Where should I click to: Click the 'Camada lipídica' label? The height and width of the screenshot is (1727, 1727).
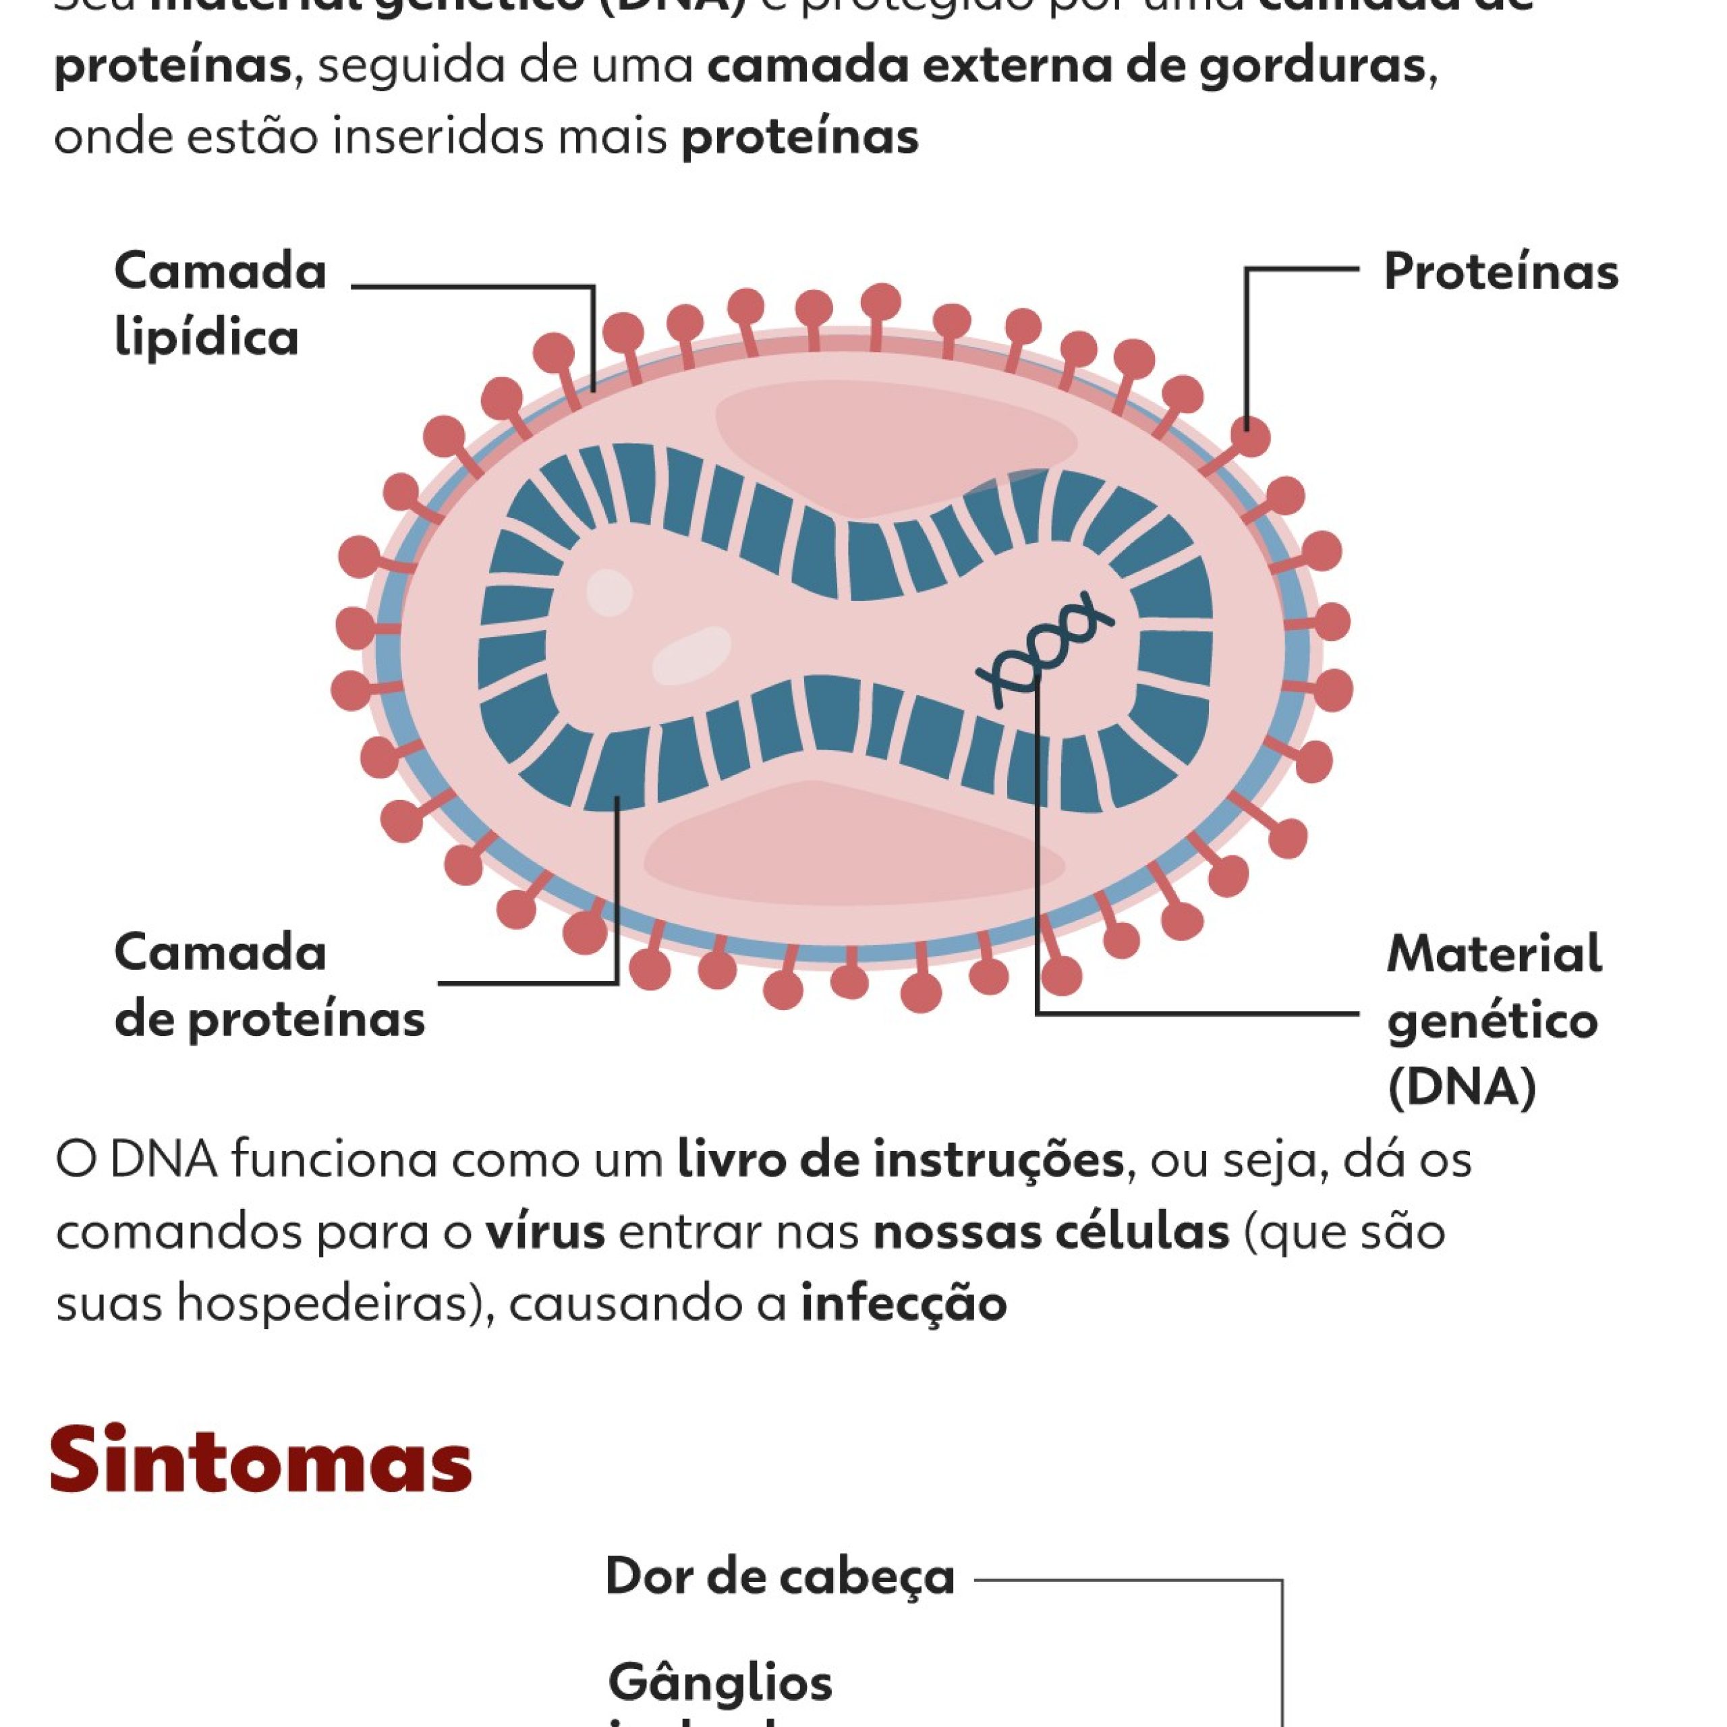click(220, 304)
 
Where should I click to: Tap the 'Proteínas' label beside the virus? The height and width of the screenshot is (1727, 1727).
click(1500, 272)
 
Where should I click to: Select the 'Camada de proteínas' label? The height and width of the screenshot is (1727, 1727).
click(268, 985)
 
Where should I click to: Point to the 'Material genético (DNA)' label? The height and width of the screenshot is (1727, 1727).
click(1493, 1020)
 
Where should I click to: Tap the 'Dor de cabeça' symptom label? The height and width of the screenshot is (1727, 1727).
click(779, 1576)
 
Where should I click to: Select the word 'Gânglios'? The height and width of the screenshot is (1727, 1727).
click(720, 1680)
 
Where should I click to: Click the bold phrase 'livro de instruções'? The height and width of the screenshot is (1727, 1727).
click(900, 1160)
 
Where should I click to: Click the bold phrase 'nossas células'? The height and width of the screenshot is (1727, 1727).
click(1050, 1232)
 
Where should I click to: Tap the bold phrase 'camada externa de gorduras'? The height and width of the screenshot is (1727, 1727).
click(1065, 66)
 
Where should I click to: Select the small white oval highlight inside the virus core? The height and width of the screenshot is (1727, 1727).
click(610, 592)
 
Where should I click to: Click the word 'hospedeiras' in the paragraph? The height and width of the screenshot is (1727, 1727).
click(322, 1303)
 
